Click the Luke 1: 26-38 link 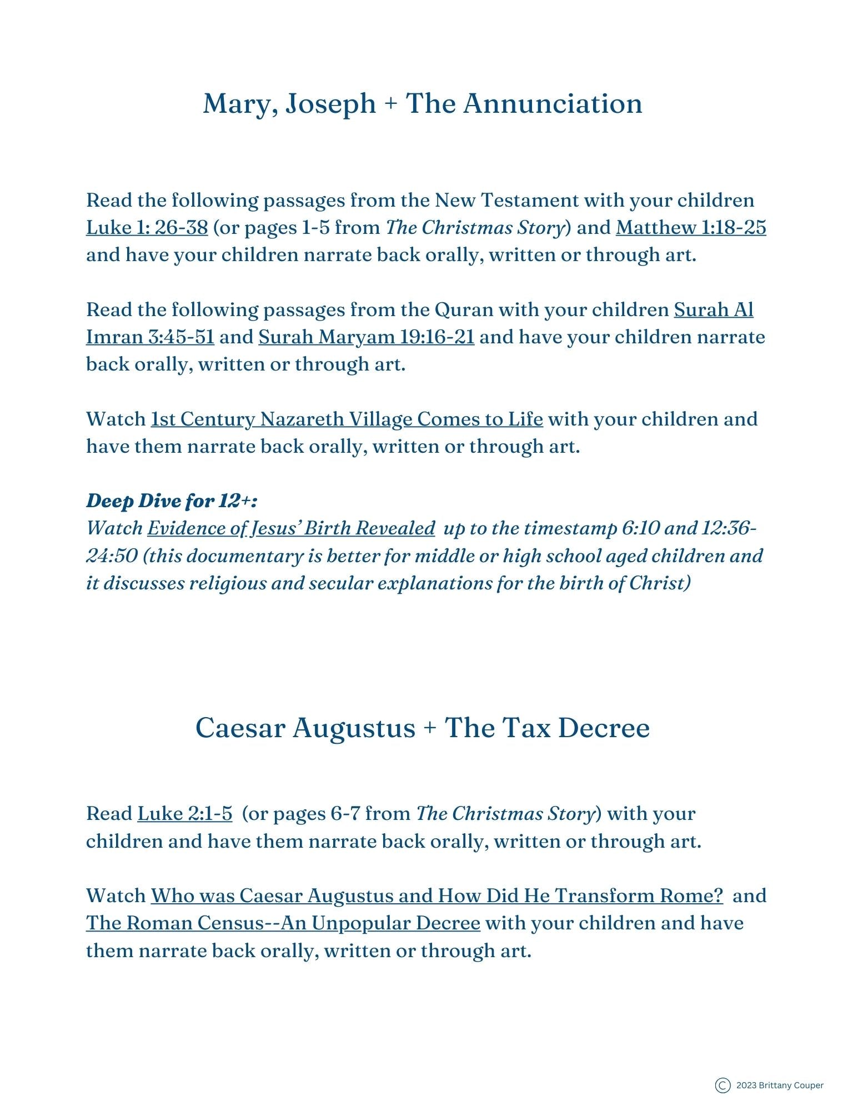click(147, 227)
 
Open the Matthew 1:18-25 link click(691, 227)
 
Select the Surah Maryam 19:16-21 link click(366, 337)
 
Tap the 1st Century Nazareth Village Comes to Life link click(347, 419)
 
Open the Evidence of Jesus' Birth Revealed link click(290, 528)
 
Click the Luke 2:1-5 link click(185, 814)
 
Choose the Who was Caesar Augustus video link click(436, 895)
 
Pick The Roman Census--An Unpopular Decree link click(283, 923)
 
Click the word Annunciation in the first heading click(553, 104)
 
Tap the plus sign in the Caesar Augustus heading click(430, 729)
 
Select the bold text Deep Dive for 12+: click(172, 501)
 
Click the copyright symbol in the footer click(722, 1085)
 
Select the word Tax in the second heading click(525, 728)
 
